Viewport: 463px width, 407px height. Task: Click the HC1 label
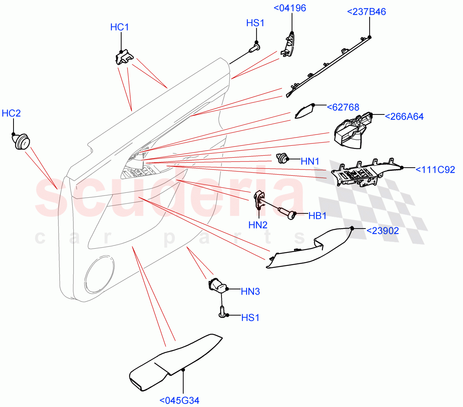tap(120, 27)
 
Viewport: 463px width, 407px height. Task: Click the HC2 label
tap(11, 113)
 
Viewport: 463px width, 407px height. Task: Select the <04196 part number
tap(290, 8)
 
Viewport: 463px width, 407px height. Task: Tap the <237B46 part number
tap(366, 12)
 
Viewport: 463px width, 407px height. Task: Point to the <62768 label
tap(343, 107)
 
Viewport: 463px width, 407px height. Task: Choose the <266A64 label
tap(404, 116)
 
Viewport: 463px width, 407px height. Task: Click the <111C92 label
tap(435, 170)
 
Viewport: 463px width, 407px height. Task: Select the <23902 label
tap(382, 231)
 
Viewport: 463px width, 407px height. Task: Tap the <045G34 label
tap(179, 400)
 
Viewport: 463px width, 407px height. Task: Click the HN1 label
tap(310, 161)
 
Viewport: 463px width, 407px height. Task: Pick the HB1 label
tap(317, 216)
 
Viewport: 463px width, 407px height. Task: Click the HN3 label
tap(250, 292)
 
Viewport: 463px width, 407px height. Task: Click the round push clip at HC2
tap(20, 141)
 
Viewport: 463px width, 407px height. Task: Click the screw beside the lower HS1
tap(222, 312)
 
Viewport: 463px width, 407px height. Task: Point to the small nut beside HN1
tap(282, 158)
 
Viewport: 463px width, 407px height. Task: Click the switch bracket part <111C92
tap(363, 173)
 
